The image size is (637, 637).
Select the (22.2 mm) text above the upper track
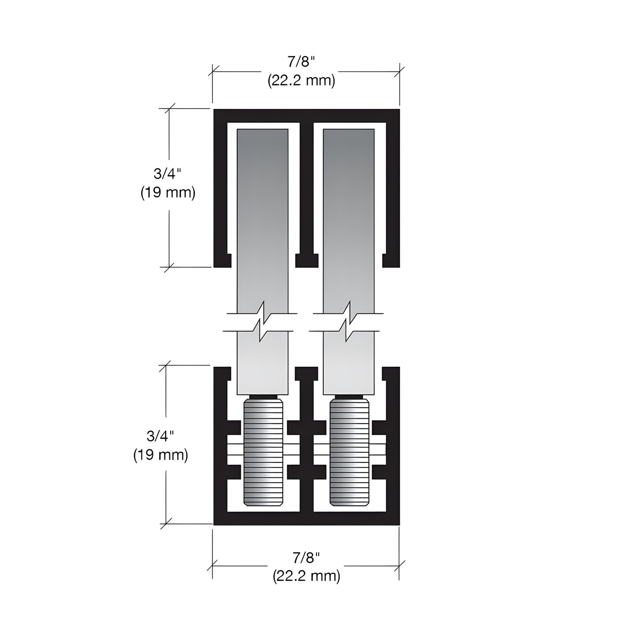tap(302, 81)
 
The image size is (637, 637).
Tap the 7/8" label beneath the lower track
tap(306, 558)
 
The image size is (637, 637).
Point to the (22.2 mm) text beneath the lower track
tap(306, 576)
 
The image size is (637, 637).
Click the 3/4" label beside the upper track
tap(168, 174)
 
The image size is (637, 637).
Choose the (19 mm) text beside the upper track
tap(168, 193)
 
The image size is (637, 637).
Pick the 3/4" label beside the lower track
tap(160, 436)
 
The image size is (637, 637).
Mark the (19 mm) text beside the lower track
tap(160, 454)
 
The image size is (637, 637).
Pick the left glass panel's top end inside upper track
tap(263, 141)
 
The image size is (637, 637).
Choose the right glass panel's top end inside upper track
tap(349, 141)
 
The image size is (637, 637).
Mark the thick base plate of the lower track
tap(306, 519)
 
